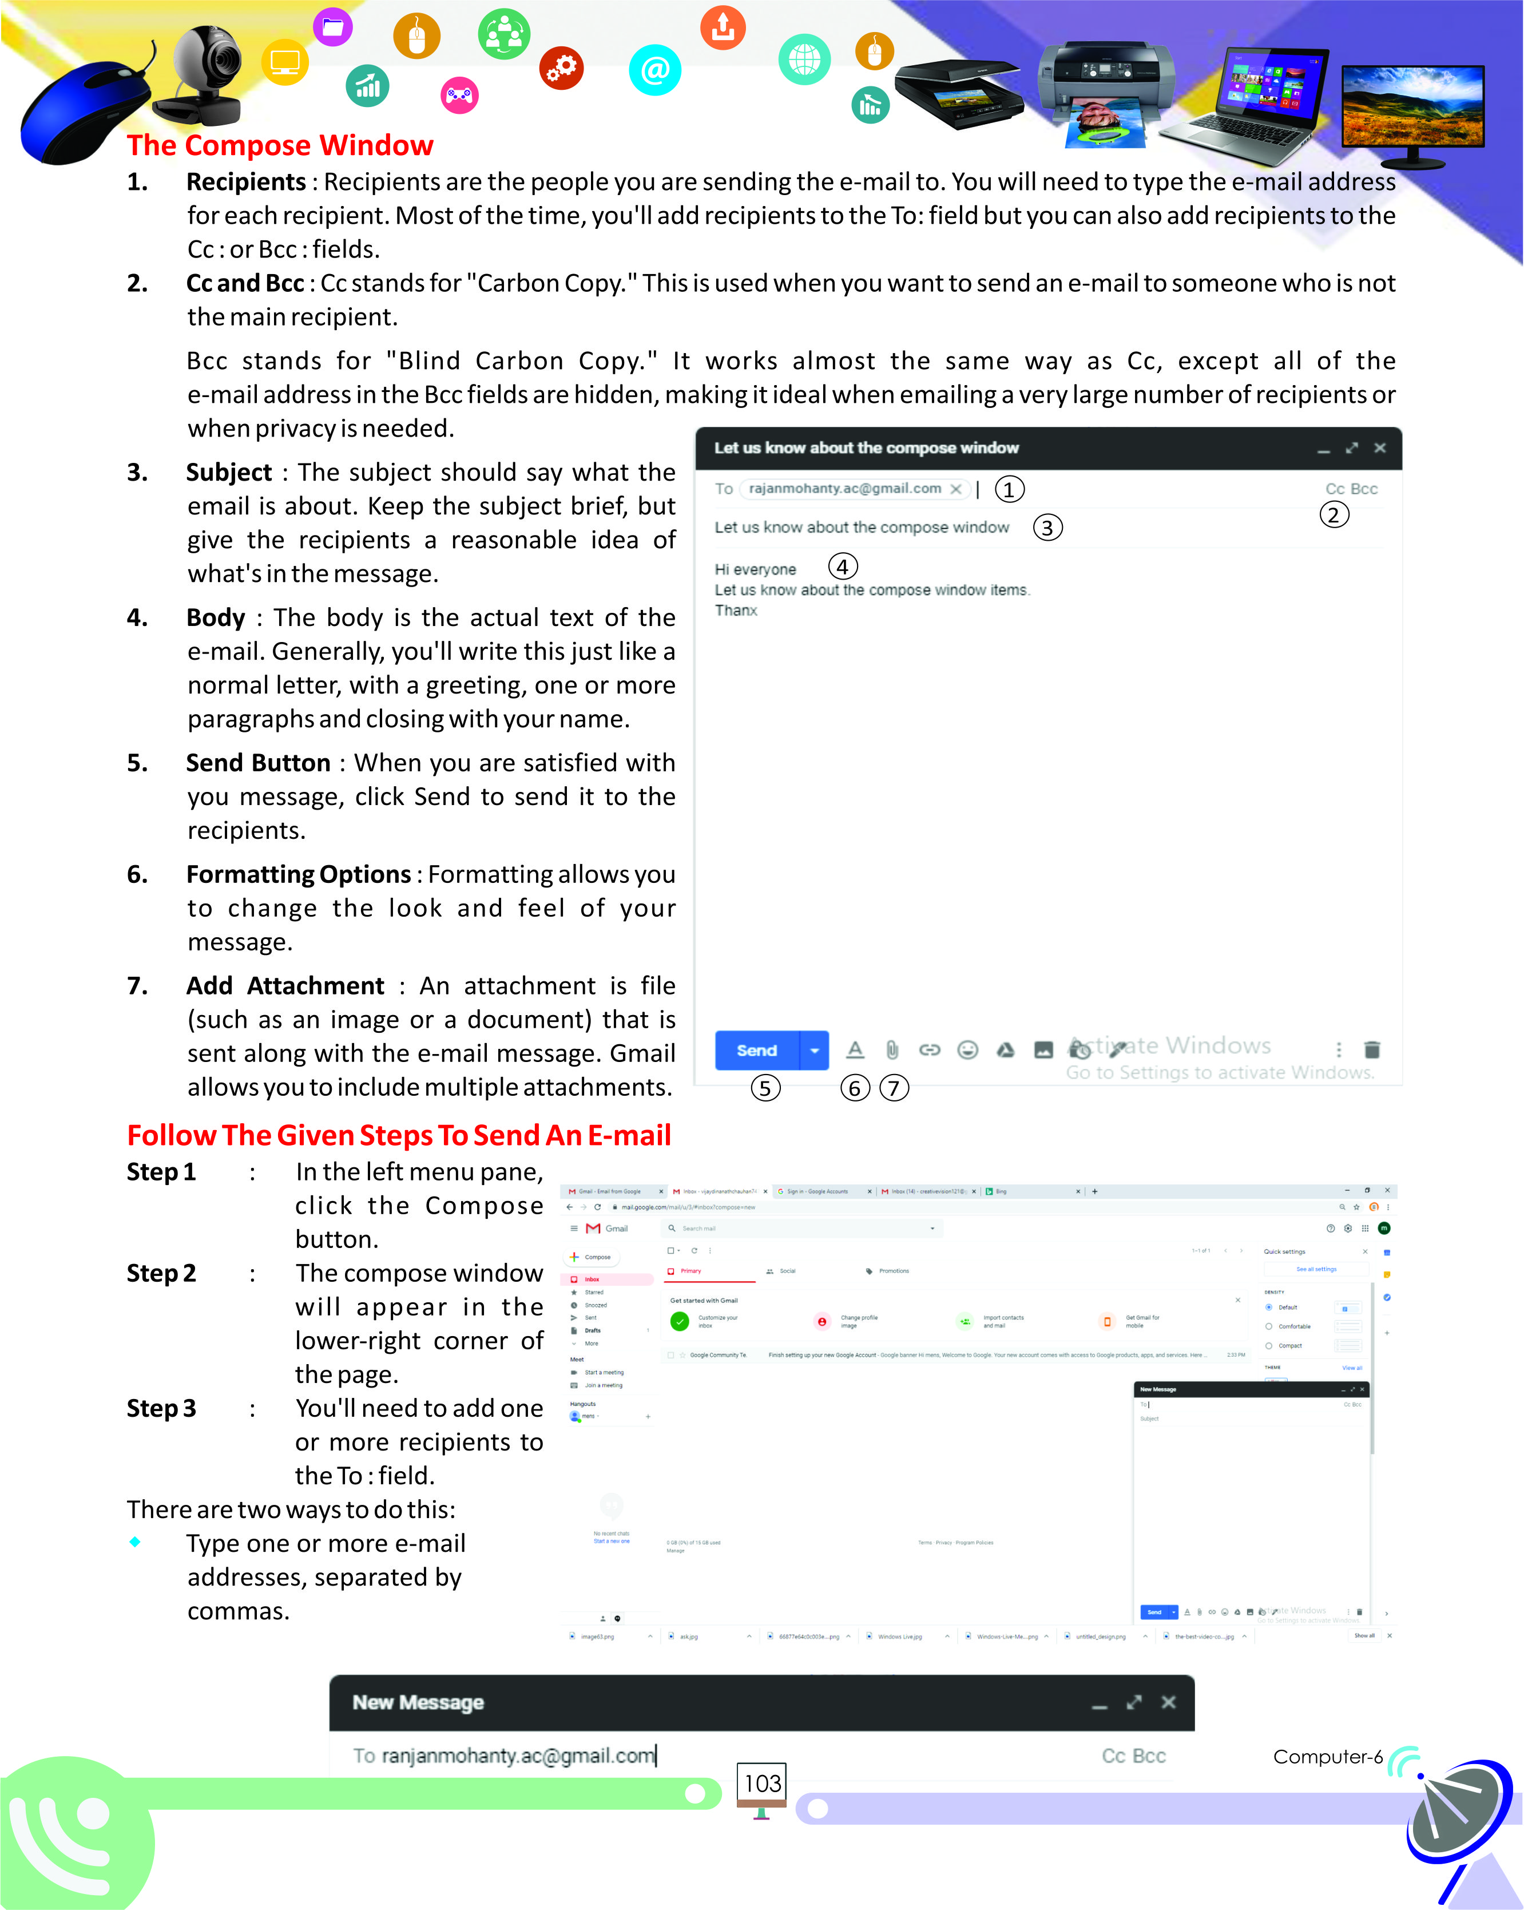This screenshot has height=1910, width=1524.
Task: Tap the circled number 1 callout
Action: [x=1009, y=489]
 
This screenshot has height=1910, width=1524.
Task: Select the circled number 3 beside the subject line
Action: [x=1047, y=528]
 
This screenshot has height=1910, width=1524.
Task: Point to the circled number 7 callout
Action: [x=894, y=1087]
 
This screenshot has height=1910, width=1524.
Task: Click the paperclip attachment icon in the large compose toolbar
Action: [x=892, y=1050]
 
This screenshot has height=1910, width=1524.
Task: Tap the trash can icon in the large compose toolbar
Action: [x=1372, y=1050]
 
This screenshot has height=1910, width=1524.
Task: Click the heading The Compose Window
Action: [x=280, y=145]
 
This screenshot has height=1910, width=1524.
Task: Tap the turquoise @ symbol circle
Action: [x=654, y=70]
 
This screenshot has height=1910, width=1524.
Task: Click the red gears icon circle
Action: [x=561, y=68]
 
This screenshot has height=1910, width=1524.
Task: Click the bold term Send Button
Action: [x=257, y=763]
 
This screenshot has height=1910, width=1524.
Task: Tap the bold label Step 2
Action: [x=161, y=1273]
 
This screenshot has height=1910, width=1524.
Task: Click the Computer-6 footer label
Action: [x=1327, y=1756]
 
